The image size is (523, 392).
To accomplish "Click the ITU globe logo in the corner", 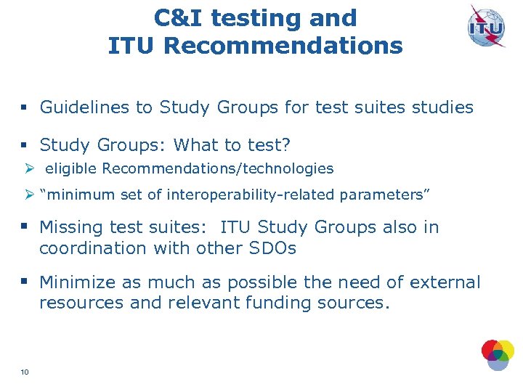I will pos(486,28).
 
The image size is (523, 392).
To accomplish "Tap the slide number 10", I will pos(25,372).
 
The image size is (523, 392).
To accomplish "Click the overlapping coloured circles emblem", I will pos(497,354).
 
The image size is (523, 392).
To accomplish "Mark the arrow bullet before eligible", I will pos(28,168).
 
